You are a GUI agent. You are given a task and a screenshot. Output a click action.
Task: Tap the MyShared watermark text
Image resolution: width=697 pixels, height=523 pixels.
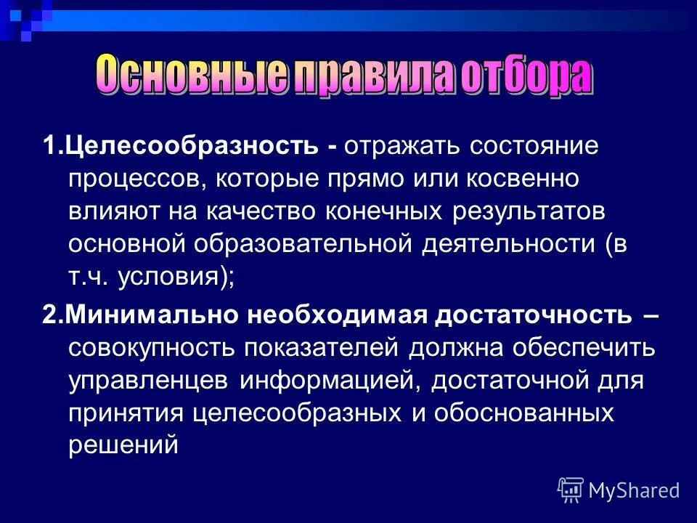[634, 490]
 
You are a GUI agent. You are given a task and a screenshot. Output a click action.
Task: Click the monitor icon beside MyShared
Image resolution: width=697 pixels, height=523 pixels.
[570, 490]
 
